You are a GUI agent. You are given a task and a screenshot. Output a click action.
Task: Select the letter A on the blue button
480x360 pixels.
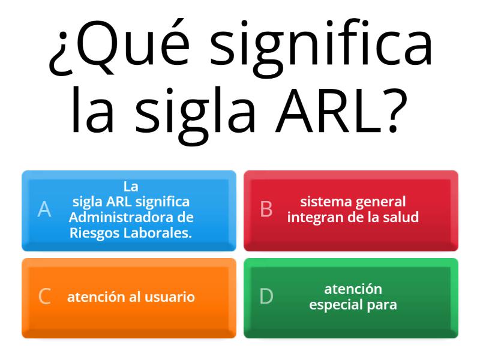[x=44, y=209]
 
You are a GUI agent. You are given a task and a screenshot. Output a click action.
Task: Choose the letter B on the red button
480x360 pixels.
[x=266, y=209]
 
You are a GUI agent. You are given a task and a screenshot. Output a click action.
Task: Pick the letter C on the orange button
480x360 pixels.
[x=44, y=297]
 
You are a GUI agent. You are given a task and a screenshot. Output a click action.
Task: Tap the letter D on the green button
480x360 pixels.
[x=266, y=297]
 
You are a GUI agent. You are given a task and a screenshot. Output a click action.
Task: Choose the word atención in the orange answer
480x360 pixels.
[x=96, y=297]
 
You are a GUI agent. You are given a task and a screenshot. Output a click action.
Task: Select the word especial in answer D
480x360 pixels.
[x=334, y=305]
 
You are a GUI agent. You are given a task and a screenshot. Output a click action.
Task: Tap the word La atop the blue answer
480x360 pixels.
[x=130, y=186]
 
